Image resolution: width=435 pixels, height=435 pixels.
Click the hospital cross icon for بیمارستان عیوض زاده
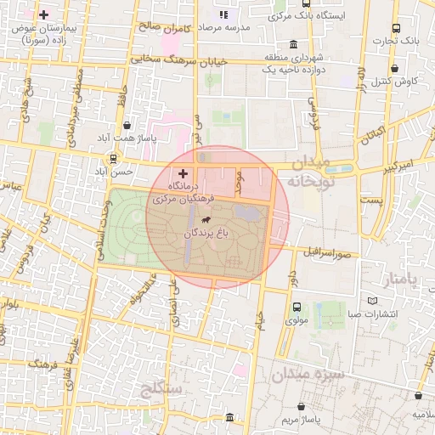click(x=44, y=15)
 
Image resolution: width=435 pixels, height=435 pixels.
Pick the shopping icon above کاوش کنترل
click(x=393, y=69)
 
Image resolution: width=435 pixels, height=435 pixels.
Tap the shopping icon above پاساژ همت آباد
click(x=127, y=126)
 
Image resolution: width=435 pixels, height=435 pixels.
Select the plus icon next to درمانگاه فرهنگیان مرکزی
click(x=183, y=172)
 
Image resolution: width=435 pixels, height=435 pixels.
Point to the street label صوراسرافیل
click(x=327, y=252)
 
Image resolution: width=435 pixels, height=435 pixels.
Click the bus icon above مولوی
click(x=297, y=308)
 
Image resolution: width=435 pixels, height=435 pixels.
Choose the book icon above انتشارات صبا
click(x=373, y=301)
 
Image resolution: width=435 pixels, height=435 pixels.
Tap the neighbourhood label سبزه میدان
click(x=308, y=373)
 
